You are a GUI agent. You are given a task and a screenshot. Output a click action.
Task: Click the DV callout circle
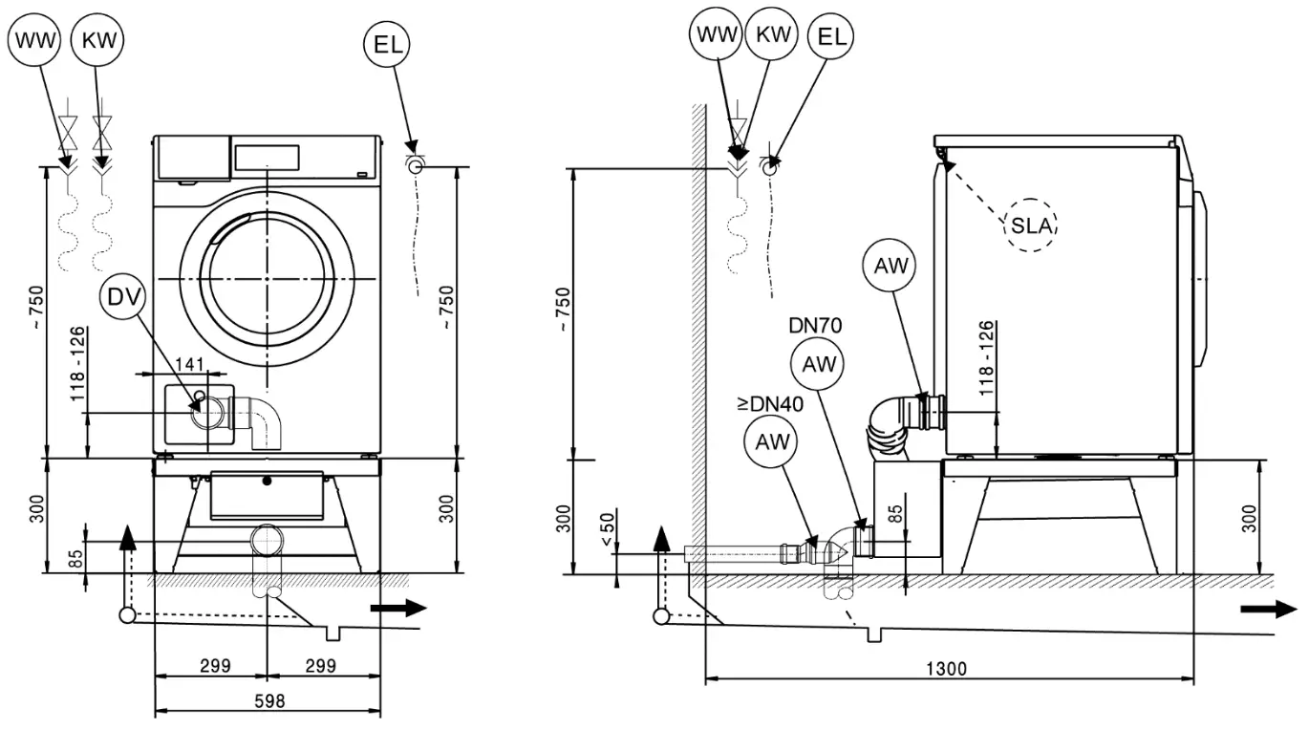(123, 298)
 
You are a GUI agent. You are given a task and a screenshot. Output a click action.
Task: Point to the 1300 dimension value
(946, 669)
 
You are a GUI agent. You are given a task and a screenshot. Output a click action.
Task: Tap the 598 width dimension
(268, 700)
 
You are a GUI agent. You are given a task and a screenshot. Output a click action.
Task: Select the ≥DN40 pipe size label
(769, 404)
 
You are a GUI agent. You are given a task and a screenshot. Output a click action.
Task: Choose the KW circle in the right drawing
(772, 35)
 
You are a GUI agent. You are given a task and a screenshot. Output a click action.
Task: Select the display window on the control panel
(267, 156)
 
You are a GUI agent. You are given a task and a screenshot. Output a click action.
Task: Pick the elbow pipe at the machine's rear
(893, 420)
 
